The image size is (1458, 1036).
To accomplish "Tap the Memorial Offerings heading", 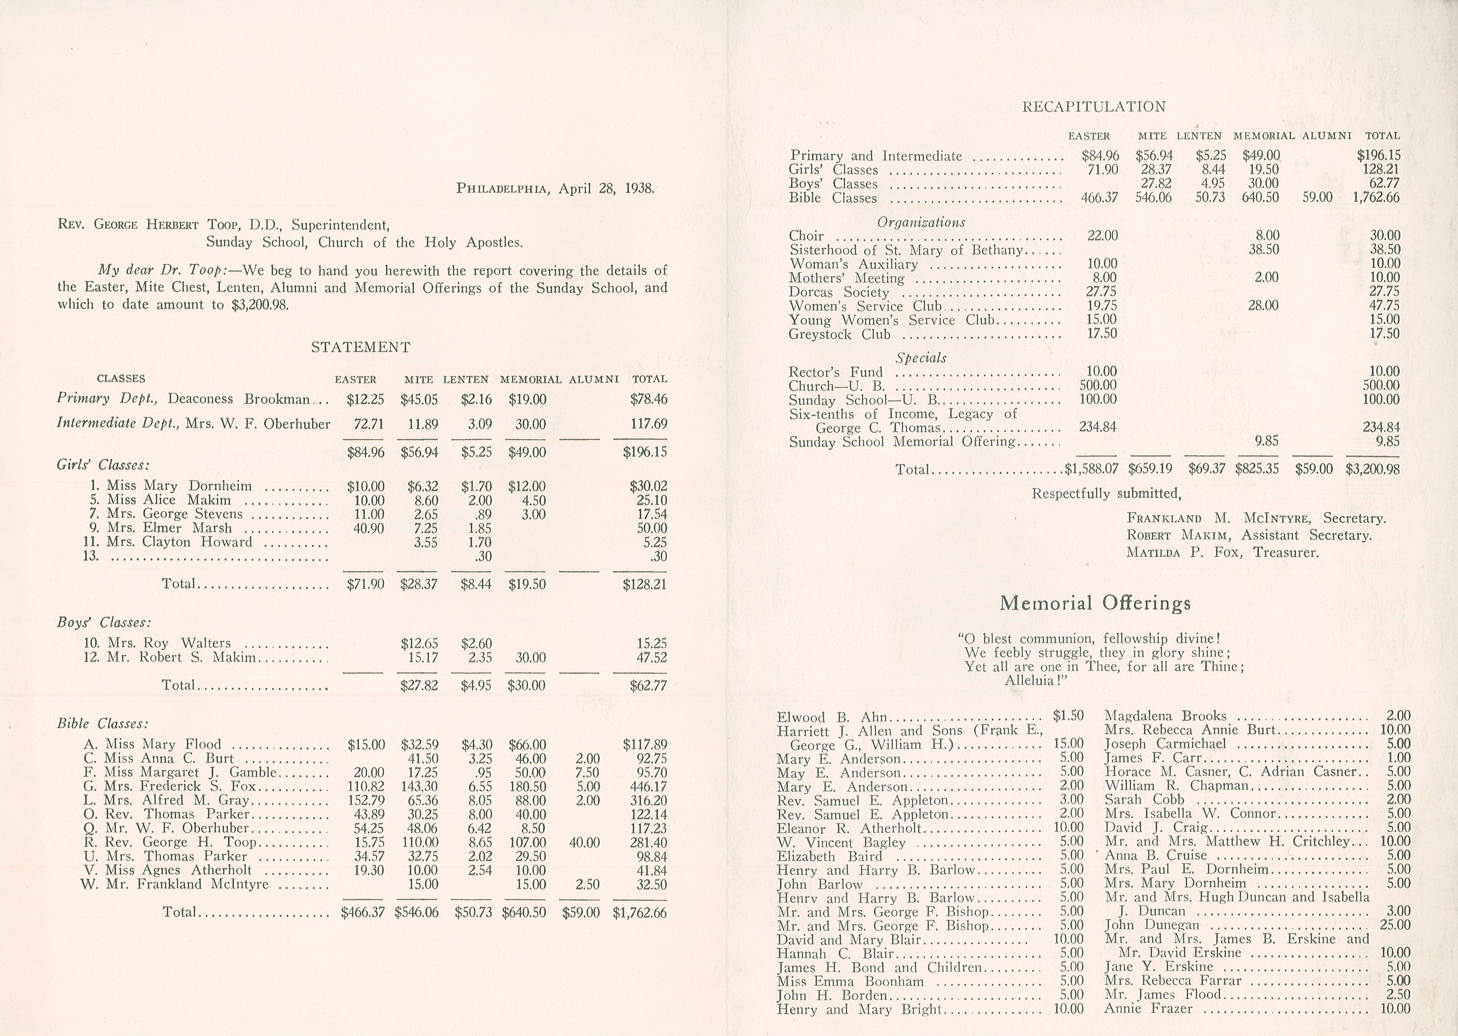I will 1095,603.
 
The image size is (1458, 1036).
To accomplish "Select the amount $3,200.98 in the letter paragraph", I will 260,305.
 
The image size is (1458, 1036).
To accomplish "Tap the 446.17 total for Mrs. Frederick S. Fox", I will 648,786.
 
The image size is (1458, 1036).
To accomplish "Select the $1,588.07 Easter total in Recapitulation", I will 1091,469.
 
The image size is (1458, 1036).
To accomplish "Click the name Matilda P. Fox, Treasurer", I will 1222,552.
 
